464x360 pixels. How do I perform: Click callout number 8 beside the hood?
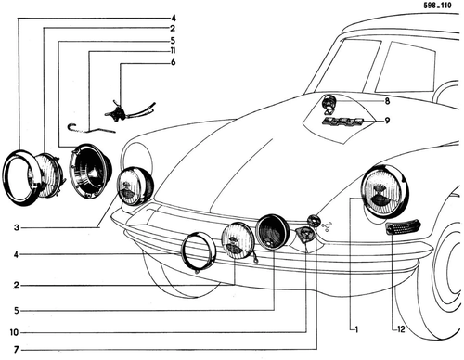[387, 101]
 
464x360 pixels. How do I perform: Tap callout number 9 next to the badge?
[387, 121]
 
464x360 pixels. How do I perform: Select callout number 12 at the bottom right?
[401, 329]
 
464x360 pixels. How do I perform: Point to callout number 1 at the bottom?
[356, 329]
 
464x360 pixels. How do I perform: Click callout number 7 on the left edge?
[16, 350]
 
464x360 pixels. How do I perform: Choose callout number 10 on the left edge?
[14, 332]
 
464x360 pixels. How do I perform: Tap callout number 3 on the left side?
[17, 228]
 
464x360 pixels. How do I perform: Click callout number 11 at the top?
[173, 51]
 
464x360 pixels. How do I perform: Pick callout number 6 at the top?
[173, 62]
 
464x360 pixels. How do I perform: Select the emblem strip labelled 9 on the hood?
[342, 122]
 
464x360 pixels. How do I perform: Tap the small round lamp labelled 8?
[328, 102]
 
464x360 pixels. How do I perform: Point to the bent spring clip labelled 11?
[92, 128]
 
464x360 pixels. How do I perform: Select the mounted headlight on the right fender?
[385, 191]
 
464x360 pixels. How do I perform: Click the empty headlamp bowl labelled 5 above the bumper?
[272, 231]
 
